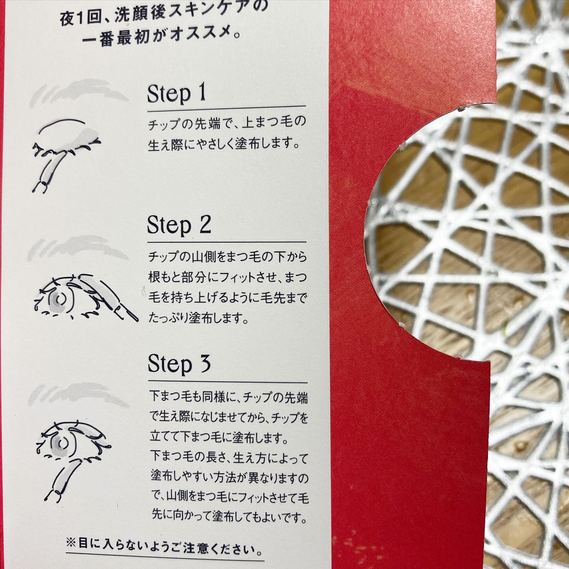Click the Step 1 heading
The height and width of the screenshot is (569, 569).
point(176,94)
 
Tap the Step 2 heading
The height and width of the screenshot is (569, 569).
point(179,226)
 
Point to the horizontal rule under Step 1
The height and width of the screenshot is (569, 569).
point(226,109)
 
